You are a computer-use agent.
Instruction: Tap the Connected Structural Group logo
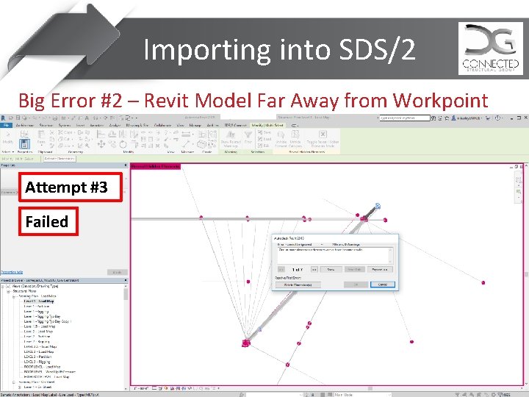(490, 49)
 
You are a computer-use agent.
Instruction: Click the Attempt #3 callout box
(66, 187)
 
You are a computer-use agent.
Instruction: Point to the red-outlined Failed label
(46, 221)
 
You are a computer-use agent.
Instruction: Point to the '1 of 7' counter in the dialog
(297, 269)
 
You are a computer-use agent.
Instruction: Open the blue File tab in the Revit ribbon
(6, 126)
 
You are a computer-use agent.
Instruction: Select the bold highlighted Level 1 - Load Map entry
(38, 301)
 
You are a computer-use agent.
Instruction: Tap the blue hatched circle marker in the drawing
(377, 207)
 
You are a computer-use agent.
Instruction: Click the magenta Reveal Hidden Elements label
(155, 167)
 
